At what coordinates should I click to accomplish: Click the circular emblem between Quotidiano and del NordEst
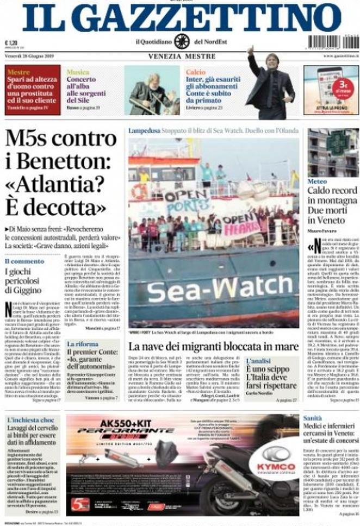point(182,41)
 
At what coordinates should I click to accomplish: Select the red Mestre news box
point(33,90)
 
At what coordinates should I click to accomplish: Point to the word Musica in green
point(78,72)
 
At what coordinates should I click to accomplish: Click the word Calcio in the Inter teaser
point(196,72)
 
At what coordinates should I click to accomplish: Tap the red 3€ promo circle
point(343,87)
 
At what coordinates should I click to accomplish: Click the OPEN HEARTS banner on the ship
point(241,223)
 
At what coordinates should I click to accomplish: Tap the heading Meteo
point(317,181)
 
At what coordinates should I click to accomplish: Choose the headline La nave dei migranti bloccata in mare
point(213,347)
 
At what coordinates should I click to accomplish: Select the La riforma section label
point(83,344)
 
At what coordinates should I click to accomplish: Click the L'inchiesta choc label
point(32,419)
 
